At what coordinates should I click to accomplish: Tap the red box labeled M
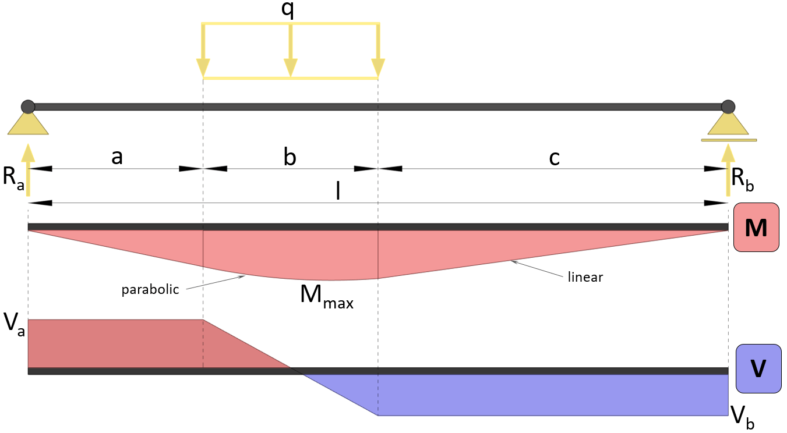click(x=756, y=228)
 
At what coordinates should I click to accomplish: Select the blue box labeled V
click(x=758, y=369)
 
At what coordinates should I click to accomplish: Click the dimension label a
click(x=117, y=157)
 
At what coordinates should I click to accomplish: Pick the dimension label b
click(x=290, y=157)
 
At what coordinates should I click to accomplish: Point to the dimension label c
click(x=554, y=158)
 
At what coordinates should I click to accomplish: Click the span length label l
click(x=338, y=191)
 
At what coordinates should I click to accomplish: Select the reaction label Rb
click(x=742, y=179)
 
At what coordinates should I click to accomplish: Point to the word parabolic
click(x=150, y=290)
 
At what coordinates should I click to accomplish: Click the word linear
click(x=585, y=278)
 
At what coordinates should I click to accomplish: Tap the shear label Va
click(x=13, y=325)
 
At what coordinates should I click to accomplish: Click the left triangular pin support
click(x=28, y=124)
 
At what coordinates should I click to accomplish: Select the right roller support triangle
click(x=728, y=124)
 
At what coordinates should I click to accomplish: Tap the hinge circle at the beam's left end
click(x=28, y=107)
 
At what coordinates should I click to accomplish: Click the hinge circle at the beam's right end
click(x=728, y=107)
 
